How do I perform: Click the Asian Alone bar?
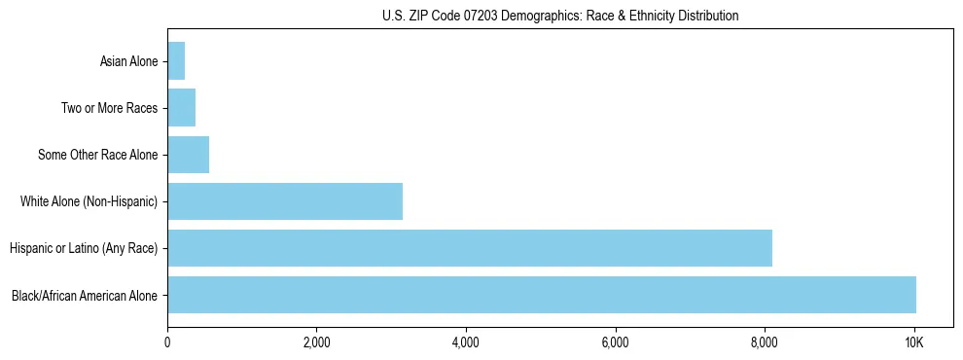(176, 61)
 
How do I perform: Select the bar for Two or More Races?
(182, 108)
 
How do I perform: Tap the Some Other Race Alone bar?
(189, 155)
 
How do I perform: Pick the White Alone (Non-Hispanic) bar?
(285, 201)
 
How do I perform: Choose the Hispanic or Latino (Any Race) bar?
(470, 248)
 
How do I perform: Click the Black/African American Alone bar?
(542, 295)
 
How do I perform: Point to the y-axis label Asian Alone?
(128, 61)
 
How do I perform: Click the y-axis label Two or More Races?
(109, 108)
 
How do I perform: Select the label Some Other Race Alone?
(97, 155)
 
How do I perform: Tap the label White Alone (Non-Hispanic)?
(89, 201)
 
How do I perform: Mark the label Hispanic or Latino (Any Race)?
(84, 248)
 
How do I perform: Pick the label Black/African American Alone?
(85, 295)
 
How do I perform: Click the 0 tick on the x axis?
(167, 342)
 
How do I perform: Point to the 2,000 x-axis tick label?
(317, 342)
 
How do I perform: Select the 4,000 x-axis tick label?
(466, 342)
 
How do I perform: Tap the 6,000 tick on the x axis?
(616, 342)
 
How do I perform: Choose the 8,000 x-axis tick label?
(765, 342)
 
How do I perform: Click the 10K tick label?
(914, 342)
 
